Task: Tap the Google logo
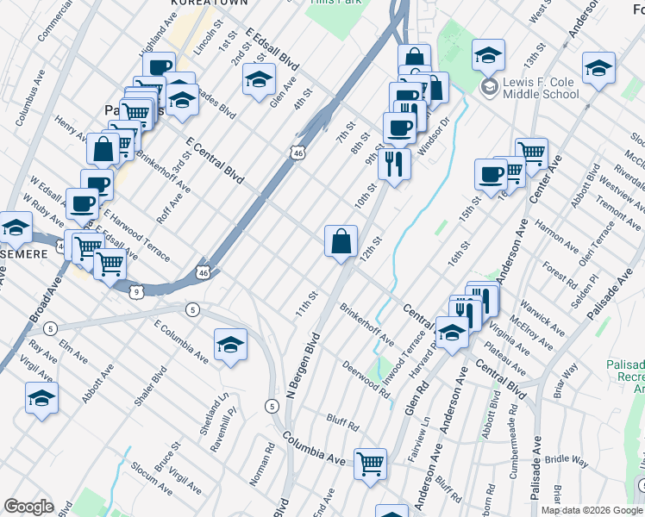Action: [28, 507]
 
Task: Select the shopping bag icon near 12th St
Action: [341, 241]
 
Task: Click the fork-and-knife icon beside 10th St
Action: [394, 162]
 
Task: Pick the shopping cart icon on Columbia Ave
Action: [371, 464]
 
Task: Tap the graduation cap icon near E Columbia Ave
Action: [229, 346]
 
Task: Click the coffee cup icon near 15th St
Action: [491, 174]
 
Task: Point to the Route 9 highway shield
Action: [138, 292]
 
